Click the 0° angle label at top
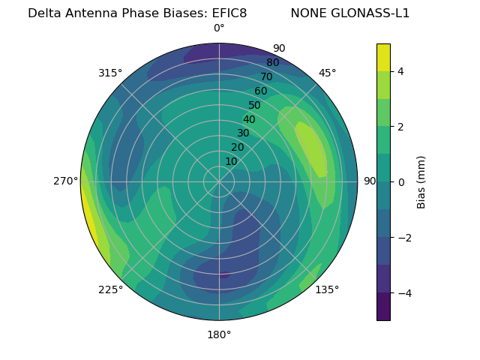pyautogui.click(x=219, y=28)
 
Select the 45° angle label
pyautogui.click(x=327, y=73)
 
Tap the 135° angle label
pyautogui.click(x=327, y=289)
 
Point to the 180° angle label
pyautogui.click(x=219, y=334)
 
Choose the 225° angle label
pyautogui.click(x=110, y=290)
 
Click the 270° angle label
pyautogui.click(x=66, y=181)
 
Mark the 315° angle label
pyautogui.click(x=110, y=73)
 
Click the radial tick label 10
pyautogui.click(x=231, y=161)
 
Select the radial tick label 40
pyautogui.click(x=249, y=119)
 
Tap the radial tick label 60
pyautogui.click(x=261, y=91)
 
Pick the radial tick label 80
pyautogui.click(x=272, y=63)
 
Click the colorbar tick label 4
pyautogui.click(x=400, y=71)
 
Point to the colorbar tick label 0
pyautogui.click(x=400, y=182)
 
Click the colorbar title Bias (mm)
pyautogui.click(x=421, y=182)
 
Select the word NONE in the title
pyautogui.click(x=307, y=13)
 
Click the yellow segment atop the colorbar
pyautogui.click(x=383, y=57)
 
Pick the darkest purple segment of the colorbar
pyautogui.click(x=383, y=307)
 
